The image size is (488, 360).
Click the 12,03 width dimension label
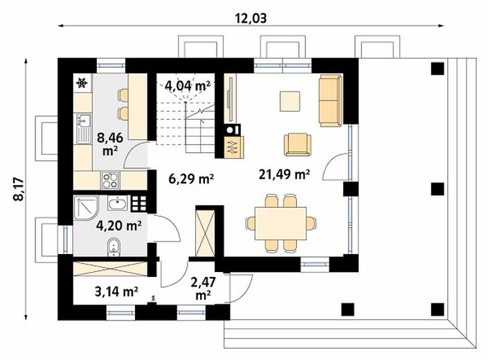click(251, 19)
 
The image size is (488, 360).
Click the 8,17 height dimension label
click(19, 190)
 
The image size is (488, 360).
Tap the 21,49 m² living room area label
click(284, 174)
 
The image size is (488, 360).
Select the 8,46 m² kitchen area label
click(110, 143)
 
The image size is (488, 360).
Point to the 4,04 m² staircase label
click(188, 85)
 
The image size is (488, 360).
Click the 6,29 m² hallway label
click(191, 179)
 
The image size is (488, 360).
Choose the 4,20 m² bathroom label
click(119, 226)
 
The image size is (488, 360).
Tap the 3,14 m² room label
click(116, 291)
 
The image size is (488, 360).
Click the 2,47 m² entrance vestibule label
click(203, 289)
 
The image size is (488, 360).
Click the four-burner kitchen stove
click(110, 180)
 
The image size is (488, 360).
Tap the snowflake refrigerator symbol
click(82, 83)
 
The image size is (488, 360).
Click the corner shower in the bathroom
click(86, 208)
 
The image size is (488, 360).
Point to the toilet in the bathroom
click(114, 247)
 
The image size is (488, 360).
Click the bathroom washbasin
click(118, 203)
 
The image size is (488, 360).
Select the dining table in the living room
click(280, 223)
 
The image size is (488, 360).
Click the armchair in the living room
click(298, 144)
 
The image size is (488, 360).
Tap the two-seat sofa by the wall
click(330, 100)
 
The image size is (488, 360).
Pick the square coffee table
click(290, 101)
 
